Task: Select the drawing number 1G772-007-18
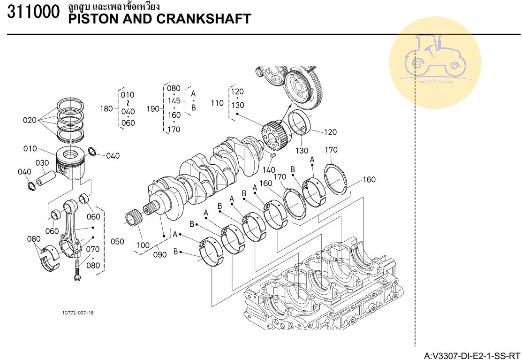pyautogui.click(x=77, y=313)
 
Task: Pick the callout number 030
pyautogui.click(x=42, y=163)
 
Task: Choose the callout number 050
pyautogui.click(x=117, y=242)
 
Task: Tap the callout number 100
pyautogui.click(x=143, y=245)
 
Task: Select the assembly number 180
pyautogui.click(x=106, y=109)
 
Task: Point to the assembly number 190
pyautogui.click(x=153, y=109)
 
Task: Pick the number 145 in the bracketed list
pyautogui.click(x=174, y=101)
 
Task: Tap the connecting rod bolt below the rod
pyautogui.click(x=76, y=272)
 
